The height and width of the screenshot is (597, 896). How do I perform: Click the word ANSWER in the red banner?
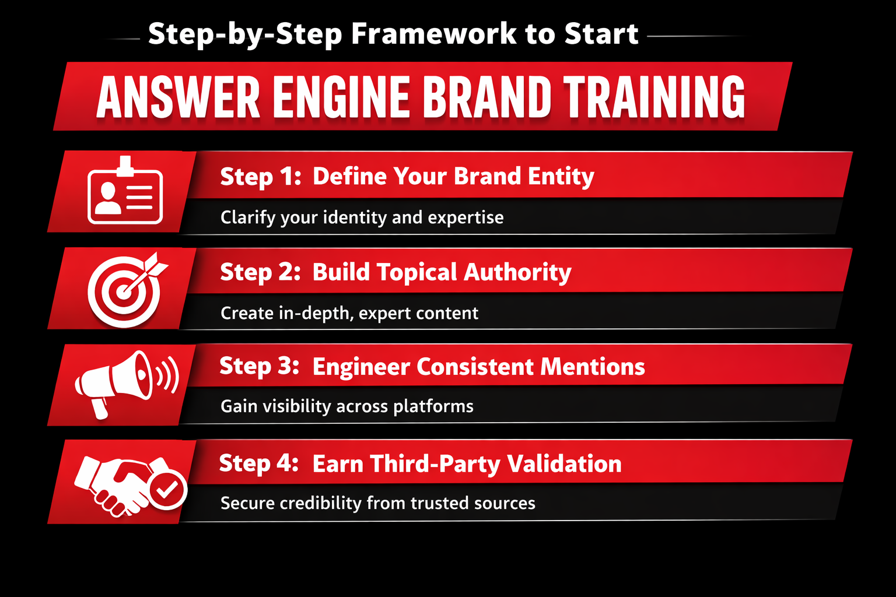178,97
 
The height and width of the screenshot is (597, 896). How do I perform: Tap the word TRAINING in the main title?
654,97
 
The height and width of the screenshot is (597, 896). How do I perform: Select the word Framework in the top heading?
433,34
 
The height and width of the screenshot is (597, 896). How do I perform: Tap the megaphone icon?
127,384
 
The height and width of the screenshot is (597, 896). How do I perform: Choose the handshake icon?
131,486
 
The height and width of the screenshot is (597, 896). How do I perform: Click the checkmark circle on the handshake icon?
167,490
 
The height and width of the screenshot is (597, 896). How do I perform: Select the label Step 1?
260,176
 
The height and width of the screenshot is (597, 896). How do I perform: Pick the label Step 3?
260,366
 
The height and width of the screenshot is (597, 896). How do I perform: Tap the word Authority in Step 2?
517,272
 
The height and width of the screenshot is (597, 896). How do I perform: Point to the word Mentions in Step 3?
593,367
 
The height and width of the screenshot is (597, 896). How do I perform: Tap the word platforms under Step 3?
433,407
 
